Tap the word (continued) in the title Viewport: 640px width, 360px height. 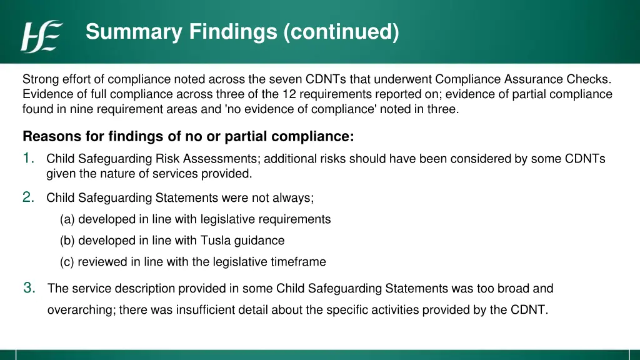point(341,31)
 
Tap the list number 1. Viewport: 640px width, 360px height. point(29,158)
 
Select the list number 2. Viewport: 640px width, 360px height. point(29,197)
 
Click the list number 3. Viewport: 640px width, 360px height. point(29,288)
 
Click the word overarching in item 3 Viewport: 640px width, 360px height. point(80,309)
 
